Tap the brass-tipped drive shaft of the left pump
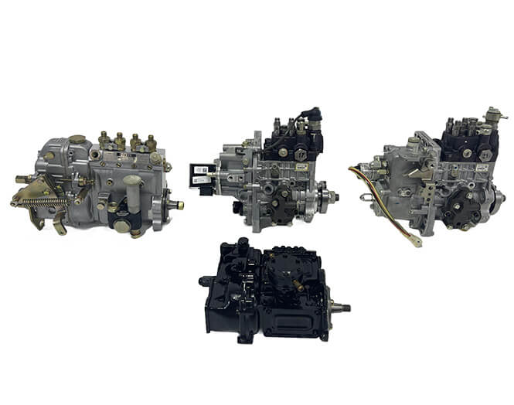coord(177,205)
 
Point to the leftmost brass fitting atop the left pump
coord(104,140)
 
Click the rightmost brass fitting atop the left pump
coord(151,143)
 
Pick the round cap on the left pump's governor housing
coord(77,139)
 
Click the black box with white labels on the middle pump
coord(204,177)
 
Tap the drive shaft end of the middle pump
coord(335,196)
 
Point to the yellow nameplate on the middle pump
coord(301,166)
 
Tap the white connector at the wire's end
coord(417,240)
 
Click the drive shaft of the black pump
coord(340,308)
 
